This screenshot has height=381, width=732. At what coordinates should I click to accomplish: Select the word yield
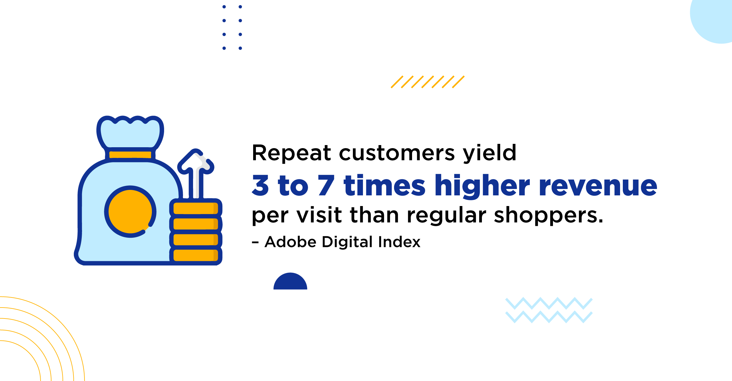tap(490, 153)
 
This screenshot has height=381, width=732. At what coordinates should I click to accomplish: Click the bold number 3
tap(260, 185)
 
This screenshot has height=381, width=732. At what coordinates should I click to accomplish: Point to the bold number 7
tap(326, 185)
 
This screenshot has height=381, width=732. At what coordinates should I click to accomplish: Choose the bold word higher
tap(483, 186)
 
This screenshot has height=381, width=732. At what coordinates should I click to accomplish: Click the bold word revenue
tap(598, 186)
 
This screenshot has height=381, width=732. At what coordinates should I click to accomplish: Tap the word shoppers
tap(548, 216)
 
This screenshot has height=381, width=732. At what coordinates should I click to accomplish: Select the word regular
tap(447, 216)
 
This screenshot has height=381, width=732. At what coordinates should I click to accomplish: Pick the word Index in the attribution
tap(399, 242)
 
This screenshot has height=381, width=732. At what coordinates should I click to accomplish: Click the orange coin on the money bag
tap(130, 212)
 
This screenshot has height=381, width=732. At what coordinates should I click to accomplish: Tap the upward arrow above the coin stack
tap(196, 174)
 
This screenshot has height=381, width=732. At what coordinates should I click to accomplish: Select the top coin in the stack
tap(196, 208)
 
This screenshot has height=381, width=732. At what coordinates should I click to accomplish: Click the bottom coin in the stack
tap(196, 255)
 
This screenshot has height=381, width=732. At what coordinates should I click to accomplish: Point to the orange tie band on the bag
tap(130, 155)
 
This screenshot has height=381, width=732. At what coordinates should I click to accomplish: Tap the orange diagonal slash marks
tap(428, 82)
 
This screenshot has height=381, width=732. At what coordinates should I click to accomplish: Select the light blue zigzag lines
tap(549, 310)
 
